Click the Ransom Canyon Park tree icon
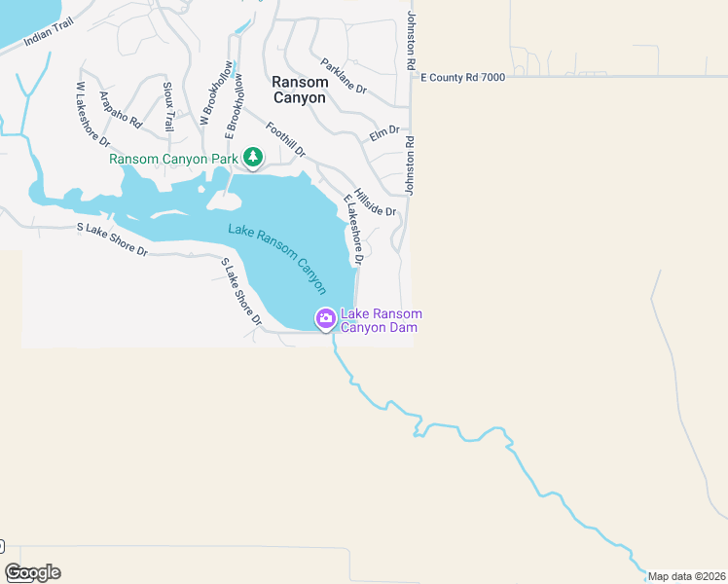click(253, 157)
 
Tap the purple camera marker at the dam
click(325, 318)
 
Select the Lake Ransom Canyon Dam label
click(381, 320)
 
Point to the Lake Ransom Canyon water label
click(277, 259)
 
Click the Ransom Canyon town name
click(300, 91)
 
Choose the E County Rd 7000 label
click(462, 77)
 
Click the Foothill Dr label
click(285, 140)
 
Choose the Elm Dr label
click(384, 131)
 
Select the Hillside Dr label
click(376, 202)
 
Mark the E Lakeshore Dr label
click(351, 231)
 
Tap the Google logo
click(32, 572)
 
